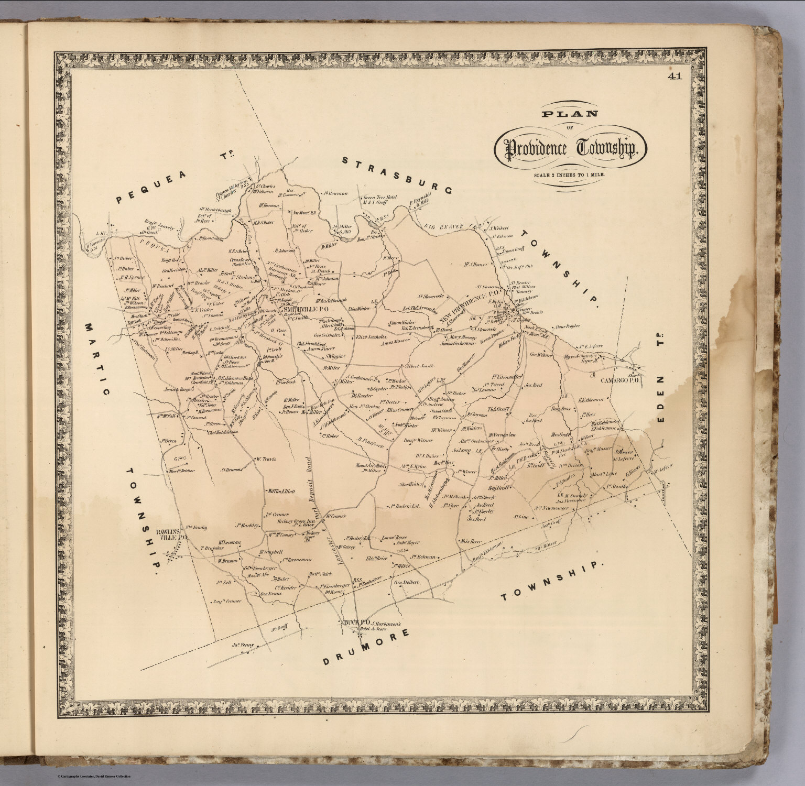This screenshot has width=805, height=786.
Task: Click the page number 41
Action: pos(675,77)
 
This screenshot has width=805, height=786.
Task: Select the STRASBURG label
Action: pos(397,176)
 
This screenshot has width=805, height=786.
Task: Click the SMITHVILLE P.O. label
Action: pos(305,310)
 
